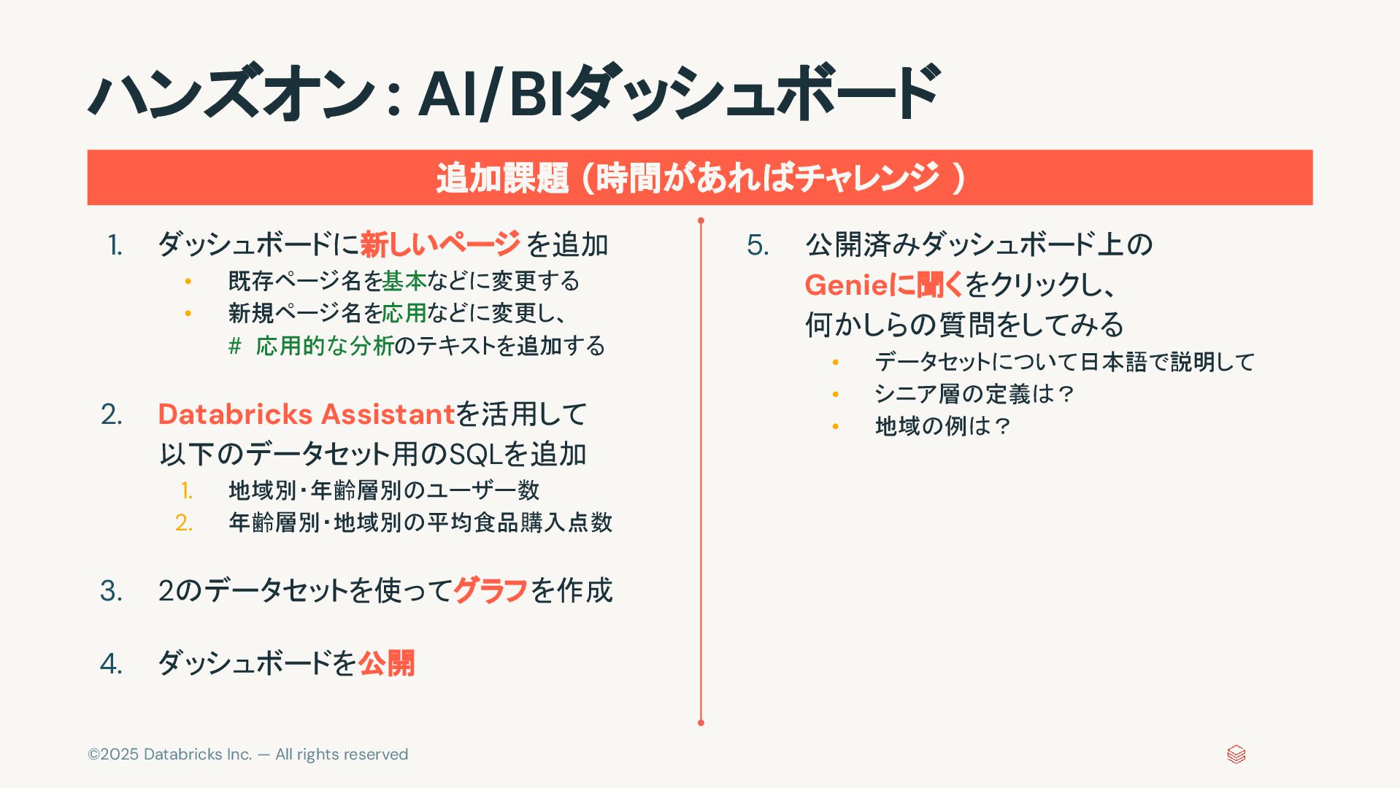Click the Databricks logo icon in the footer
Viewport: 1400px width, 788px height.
1236,754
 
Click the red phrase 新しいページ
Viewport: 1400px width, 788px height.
439,244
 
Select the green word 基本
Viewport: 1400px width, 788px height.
404,281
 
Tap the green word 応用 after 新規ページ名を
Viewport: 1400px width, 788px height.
404,313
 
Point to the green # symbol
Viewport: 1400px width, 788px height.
234,346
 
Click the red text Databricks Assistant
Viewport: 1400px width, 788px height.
307,414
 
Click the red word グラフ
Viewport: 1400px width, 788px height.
491,590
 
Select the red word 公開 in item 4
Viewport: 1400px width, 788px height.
386,663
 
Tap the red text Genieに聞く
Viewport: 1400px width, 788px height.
884,285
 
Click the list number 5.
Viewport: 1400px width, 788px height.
758,245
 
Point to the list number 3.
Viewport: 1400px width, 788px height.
111,591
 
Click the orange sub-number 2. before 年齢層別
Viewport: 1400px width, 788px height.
184,522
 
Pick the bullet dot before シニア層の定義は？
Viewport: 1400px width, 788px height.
836,394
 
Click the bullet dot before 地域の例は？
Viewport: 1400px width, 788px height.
836,426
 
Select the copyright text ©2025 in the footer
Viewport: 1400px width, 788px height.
113,754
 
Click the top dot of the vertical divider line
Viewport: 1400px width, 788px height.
701,220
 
